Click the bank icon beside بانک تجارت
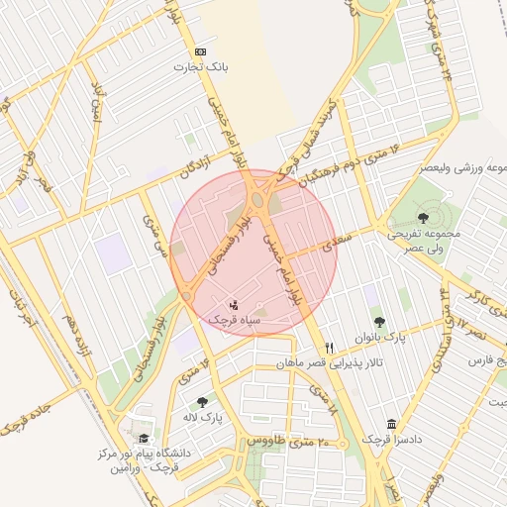(202, 51)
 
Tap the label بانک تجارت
(201, 67)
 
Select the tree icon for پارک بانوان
(379, 321)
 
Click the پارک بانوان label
(380, 338)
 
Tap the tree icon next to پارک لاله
(202, 402)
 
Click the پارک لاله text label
(202, 418)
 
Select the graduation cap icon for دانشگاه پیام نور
(145, 438)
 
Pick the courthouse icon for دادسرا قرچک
(392, 423)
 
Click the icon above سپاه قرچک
(234, 304)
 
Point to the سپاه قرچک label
(235, 320)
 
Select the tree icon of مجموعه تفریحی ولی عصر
(424, 216)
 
